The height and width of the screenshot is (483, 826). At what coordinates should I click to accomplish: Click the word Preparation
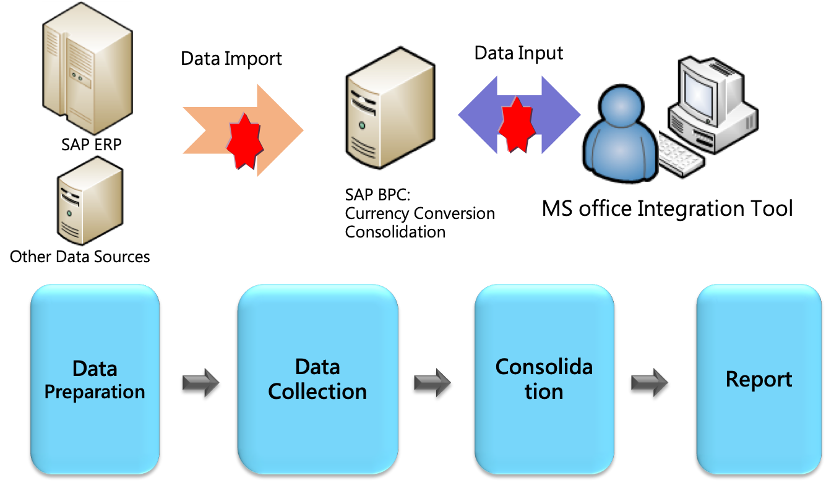(x=95, y=392)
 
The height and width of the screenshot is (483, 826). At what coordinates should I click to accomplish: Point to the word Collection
(x=317, y=391)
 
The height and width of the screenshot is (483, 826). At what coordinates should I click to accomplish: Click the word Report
(x=759, y=379)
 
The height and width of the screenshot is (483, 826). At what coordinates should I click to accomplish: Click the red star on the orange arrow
(x=246, y=141)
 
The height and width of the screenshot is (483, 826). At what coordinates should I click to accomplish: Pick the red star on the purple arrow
(x=516, y=124)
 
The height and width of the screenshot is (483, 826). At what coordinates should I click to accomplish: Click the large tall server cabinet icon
(x=87, y=68)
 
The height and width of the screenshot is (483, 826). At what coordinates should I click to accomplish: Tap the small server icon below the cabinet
(x=90, y=200)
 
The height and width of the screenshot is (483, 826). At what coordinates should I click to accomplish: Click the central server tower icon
(x=390, y=108)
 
